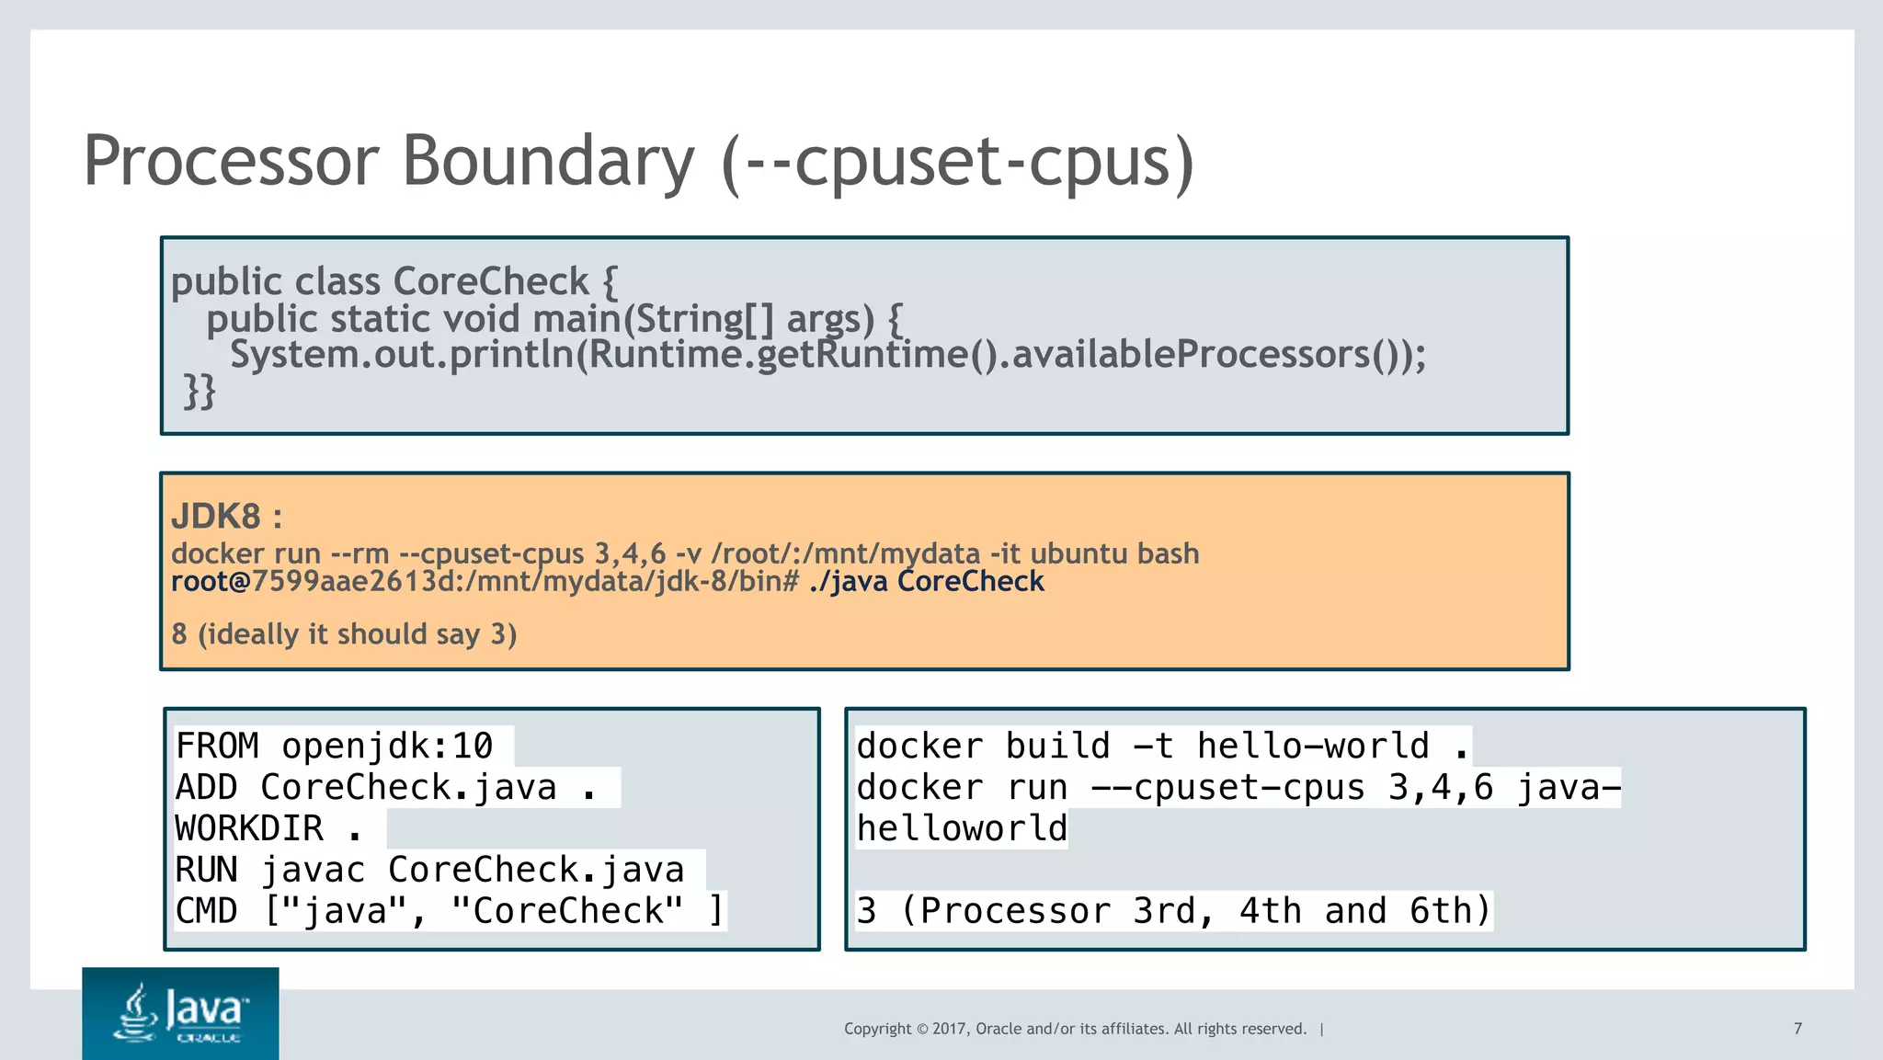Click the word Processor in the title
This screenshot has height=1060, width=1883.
point(230,161)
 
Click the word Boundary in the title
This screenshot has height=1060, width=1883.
point(548,161)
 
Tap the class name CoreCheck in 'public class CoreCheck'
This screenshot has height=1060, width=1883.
point(491,281)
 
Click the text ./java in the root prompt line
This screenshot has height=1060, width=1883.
point(848,582)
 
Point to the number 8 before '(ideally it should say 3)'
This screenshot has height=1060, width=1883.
point(179,634)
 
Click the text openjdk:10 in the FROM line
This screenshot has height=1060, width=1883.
point(386,746)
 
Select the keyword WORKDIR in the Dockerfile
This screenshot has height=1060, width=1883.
point(249,828)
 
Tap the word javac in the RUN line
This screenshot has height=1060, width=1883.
point(313,870)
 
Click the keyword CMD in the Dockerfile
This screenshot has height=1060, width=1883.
point(206,911)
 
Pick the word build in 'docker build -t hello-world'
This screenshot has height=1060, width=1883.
point(1057,746)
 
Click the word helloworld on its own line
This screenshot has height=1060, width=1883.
point(962,828)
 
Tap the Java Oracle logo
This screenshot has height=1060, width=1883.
point(180,1013)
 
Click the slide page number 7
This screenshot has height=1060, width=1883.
point(1797,1029)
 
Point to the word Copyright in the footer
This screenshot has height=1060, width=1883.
point(877,1029)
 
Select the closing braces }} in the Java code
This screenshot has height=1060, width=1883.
point(200,391)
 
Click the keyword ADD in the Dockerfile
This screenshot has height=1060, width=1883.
point(206,787)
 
